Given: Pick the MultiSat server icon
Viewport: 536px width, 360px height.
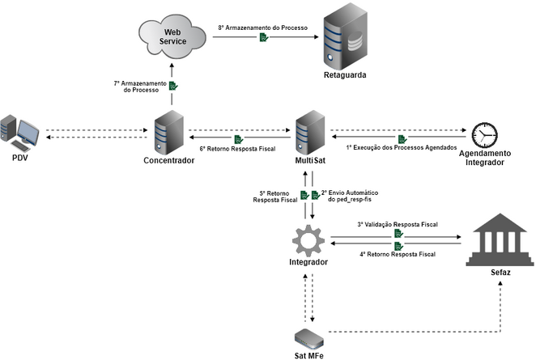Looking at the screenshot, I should [x=310, y=129].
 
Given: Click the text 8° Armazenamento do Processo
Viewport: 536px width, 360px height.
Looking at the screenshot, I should [x=263, y=28].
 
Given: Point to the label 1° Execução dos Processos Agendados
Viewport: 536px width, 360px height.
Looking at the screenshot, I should [x=402, y=148].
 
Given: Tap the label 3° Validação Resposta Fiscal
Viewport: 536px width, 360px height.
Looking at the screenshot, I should [x=398, y=224].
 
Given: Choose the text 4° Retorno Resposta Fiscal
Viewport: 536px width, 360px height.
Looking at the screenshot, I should [x=398, y=254].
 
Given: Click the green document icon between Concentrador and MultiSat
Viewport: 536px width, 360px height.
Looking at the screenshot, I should [x=238, y=139].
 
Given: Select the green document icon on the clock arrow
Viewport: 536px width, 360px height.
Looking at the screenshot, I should [x=402, y=138].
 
